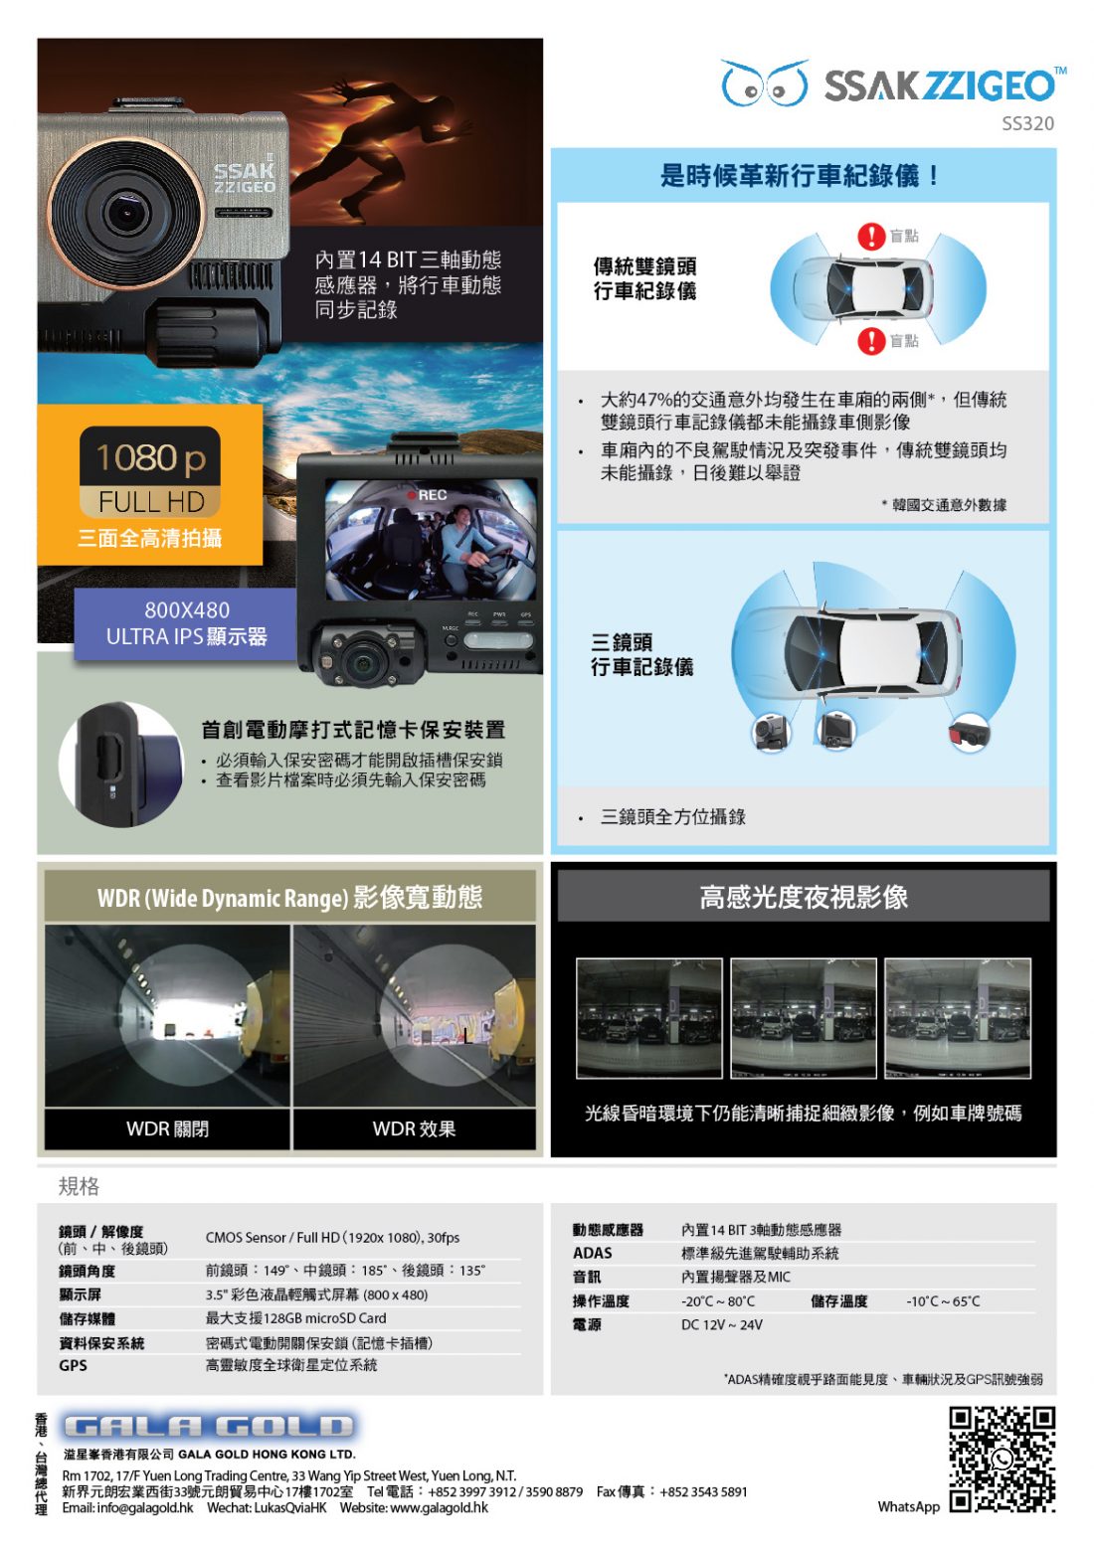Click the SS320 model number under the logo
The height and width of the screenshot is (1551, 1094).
[1027, 124]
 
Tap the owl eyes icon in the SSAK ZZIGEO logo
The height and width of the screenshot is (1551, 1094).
[765, 84]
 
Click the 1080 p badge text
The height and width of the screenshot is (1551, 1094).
[150, 458]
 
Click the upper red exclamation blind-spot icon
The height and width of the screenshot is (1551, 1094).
[871, 236]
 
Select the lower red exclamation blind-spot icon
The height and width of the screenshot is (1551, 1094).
[871, 341]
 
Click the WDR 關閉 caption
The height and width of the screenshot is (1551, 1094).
[167, 1128]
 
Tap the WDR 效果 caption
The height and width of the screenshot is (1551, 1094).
[414, 1128]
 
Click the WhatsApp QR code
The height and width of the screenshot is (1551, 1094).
[1002, 1461]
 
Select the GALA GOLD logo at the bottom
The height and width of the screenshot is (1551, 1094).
[209, 1427]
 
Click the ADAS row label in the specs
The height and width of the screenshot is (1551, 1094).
[592, 1254]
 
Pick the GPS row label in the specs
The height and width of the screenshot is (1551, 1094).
[73, 1365]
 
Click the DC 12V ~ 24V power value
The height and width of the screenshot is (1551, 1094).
[721, 1324]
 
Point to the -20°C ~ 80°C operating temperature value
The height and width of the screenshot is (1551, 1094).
[717, 1301]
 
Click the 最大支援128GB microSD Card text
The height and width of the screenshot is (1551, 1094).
[295, 1318]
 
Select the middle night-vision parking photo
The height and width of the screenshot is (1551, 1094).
[803, 1018]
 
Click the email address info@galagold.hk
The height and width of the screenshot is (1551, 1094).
[127, 1507]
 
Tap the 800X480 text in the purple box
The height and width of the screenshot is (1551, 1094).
[187, 610]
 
